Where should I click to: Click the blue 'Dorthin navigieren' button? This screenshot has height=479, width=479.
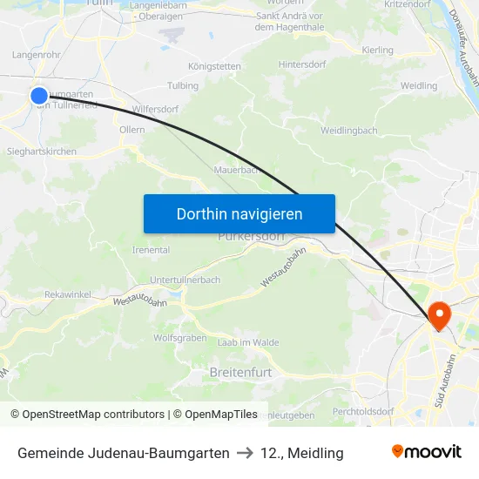click(x=239, y=213)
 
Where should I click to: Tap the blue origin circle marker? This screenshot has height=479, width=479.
click(x=39, y=96)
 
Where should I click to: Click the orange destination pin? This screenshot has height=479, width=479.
click(x=437, y=315)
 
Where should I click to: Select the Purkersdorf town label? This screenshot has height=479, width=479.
click(x=251, y=236)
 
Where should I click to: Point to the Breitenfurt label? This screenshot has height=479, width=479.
click(x=240, y=372)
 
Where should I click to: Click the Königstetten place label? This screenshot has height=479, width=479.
click(x=213, y=65)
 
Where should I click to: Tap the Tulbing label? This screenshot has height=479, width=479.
click(x=183, y=85)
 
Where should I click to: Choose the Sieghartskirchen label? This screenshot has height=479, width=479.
click(x=42, y=151)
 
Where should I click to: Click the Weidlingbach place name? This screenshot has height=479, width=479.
click(x=349, y=130)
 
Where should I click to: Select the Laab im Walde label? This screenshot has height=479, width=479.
click(x=248, y=342)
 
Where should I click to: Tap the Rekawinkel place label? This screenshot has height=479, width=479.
click(x=68, y=294)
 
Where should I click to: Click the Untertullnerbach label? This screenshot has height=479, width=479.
click(x=186, y=280)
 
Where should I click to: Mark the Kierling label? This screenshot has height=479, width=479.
click(x=377, y=51)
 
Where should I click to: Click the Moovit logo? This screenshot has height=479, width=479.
click(x=427, y=452)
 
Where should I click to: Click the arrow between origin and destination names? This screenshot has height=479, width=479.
click(x=244, y=453)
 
